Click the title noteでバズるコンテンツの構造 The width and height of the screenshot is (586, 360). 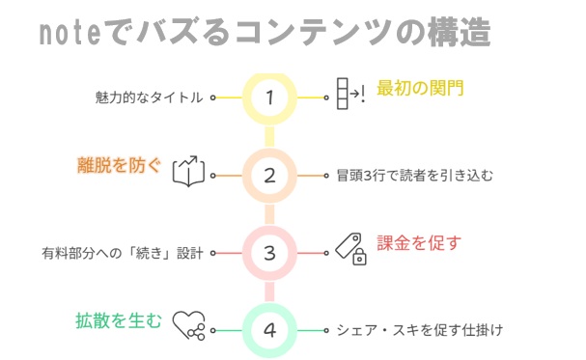tap(265, 33)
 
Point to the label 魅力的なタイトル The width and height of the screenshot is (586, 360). tap(149, 97)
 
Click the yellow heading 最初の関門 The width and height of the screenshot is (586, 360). tap(420, 88)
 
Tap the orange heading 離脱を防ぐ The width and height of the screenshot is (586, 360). tap(119, 165)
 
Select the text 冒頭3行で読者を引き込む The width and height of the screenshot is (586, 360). tap(415, 175)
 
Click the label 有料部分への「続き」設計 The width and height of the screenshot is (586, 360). tap(123, 253)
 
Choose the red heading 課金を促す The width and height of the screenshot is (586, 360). tap(419, 243)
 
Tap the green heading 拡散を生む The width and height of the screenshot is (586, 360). tap(119, 320)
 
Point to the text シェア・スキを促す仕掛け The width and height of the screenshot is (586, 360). tap(420, 330)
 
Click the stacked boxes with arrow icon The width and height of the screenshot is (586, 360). tap(350, 94)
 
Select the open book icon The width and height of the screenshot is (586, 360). tap(188, 172)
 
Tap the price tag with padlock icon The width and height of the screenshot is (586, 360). tap(350, 249)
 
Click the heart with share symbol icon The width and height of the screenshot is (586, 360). tap(188, 325)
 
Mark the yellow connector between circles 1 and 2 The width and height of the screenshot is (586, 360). tap(269, 137)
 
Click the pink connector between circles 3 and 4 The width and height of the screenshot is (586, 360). tap(269, 292)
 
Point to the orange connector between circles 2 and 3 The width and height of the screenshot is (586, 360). tap(269, 214)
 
